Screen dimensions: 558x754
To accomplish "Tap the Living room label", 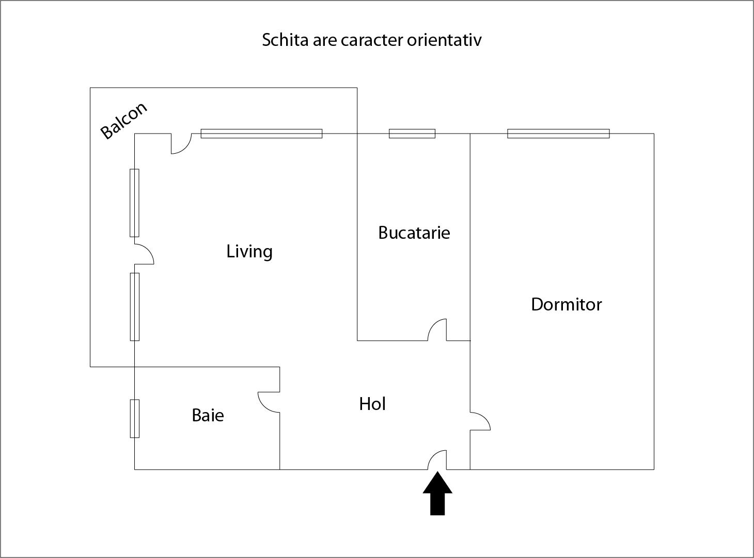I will click(x=249, y=252).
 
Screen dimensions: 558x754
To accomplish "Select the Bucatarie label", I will click(x=414, y=233).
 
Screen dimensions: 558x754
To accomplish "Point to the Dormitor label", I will click(x=566, y=304).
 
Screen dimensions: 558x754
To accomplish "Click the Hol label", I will click(x=372, y=404).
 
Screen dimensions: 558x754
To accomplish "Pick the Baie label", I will click(x=208, y=415).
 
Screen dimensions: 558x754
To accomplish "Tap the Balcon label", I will click(x=124, y=121).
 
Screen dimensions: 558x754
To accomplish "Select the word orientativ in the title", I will click(x=444, y=40).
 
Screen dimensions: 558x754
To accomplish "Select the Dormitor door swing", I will click(x=479, y=421).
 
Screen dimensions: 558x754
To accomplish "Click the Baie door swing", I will click(x=269, y=402).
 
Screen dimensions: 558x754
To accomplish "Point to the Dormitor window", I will click(x=558, y=134).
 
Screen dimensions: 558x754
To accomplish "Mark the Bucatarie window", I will click(x=412, y=134).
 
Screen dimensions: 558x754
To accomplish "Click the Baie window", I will click(x=134, y=418).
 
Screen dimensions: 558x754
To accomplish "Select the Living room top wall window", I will click(x=261, y=134).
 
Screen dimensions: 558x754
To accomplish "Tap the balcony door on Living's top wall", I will click(x=181, y=143).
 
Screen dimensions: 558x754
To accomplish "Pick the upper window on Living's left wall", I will click(x=134, y=203).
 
